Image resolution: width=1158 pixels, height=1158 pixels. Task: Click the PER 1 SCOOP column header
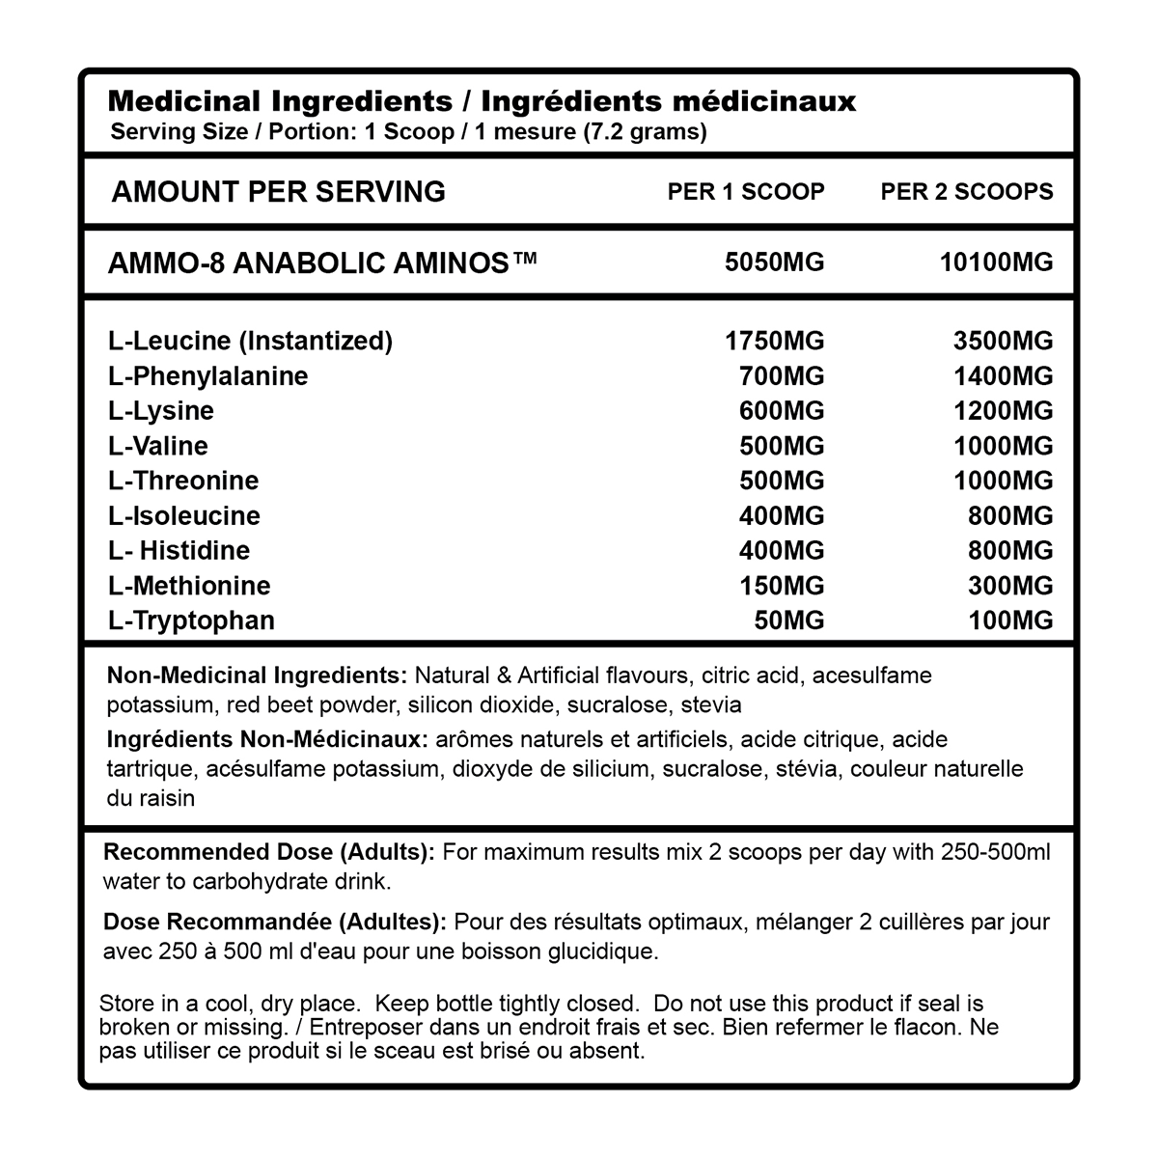[x=746, y=191]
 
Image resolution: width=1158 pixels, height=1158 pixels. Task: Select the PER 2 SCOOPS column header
[x=966, y=191]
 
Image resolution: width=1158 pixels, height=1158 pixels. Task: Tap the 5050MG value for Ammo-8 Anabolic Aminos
[x=774, y=262]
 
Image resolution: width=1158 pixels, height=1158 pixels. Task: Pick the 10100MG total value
[x=996, y=262]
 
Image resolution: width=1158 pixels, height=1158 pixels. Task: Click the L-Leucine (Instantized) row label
[x=251, y=341]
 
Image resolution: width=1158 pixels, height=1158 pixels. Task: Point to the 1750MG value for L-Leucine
[x=774, y=341]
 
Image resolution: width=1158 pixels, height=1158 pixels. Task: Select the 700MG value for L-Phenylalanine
[x=782, y=375]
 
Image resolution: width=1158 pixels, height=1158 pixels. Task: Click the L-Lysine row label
[x=161, y=410]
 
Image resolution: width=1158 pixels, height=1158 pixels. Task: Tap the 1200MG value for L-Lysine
[x=1004, y=410]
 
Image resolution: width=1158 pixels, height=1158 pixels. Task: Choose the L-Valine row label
[x=158, y=445]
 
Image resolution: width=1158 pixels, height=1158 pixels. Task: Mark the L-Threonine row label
[x=183, y=481]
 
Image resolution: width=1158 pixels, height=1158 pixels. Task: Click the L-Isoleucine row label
[x=184, y=515]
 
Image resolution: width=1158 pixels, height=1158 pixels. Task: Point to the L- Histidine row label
[x=179, y=550]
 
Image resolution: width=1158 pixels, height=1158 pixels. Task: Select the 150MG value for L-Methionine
[x=782, y=585]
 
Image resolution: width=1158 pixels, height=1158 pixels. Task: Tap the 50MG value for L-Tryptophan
[x=789, y=620]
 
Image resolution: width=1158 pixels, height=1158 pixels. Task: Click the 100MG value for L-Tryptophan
[x=1010, y=620]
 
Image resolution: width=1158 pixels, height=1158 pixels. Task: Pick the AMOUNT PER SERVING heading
[x=279, y=191]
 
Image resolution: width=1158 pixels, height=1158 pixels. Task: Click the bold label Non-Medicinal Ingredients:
[x=258, y=675]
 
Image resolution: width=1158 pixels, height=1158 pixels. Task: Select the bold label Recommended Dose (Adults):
[x=269, y=852]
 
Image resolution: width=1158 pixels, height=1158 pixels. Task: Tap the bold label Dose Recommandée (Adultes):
[x=275, y=922]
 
